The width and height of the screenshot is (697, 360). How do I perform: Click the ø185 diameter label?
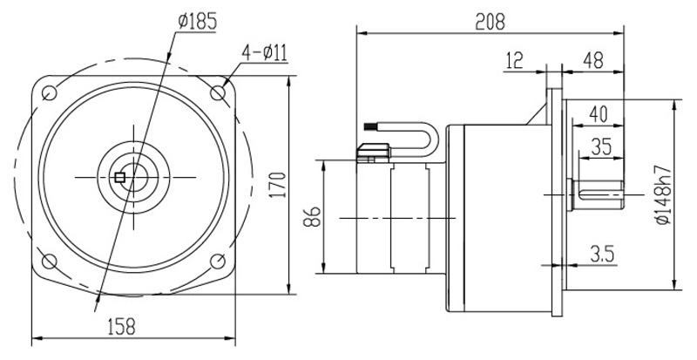click(x=200, y=20)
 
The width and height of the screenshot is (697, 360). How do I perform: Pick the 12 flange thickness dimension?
click(x=514, y=60)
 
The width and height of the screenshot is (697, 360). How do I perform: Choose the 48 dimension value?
click(x=593, y=60)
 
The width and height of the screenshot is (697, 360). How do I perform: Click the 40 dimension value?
click(x=598, y=112)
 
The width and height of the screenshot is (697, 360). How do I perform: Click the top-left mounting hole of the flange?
click(x=50, y=92)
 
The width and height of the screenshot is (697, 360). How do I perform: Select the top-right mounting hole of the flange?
click(x=217, y=92)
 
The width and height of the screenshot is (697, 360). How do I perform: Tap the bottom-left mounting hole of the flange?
click(x=50, y=260)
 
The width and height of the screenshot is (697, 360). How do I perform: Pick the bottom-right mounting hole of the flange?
click(x=217, y=260)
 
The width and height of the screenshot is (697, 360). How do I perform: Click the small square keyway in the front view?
click(x=120, y=178)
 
